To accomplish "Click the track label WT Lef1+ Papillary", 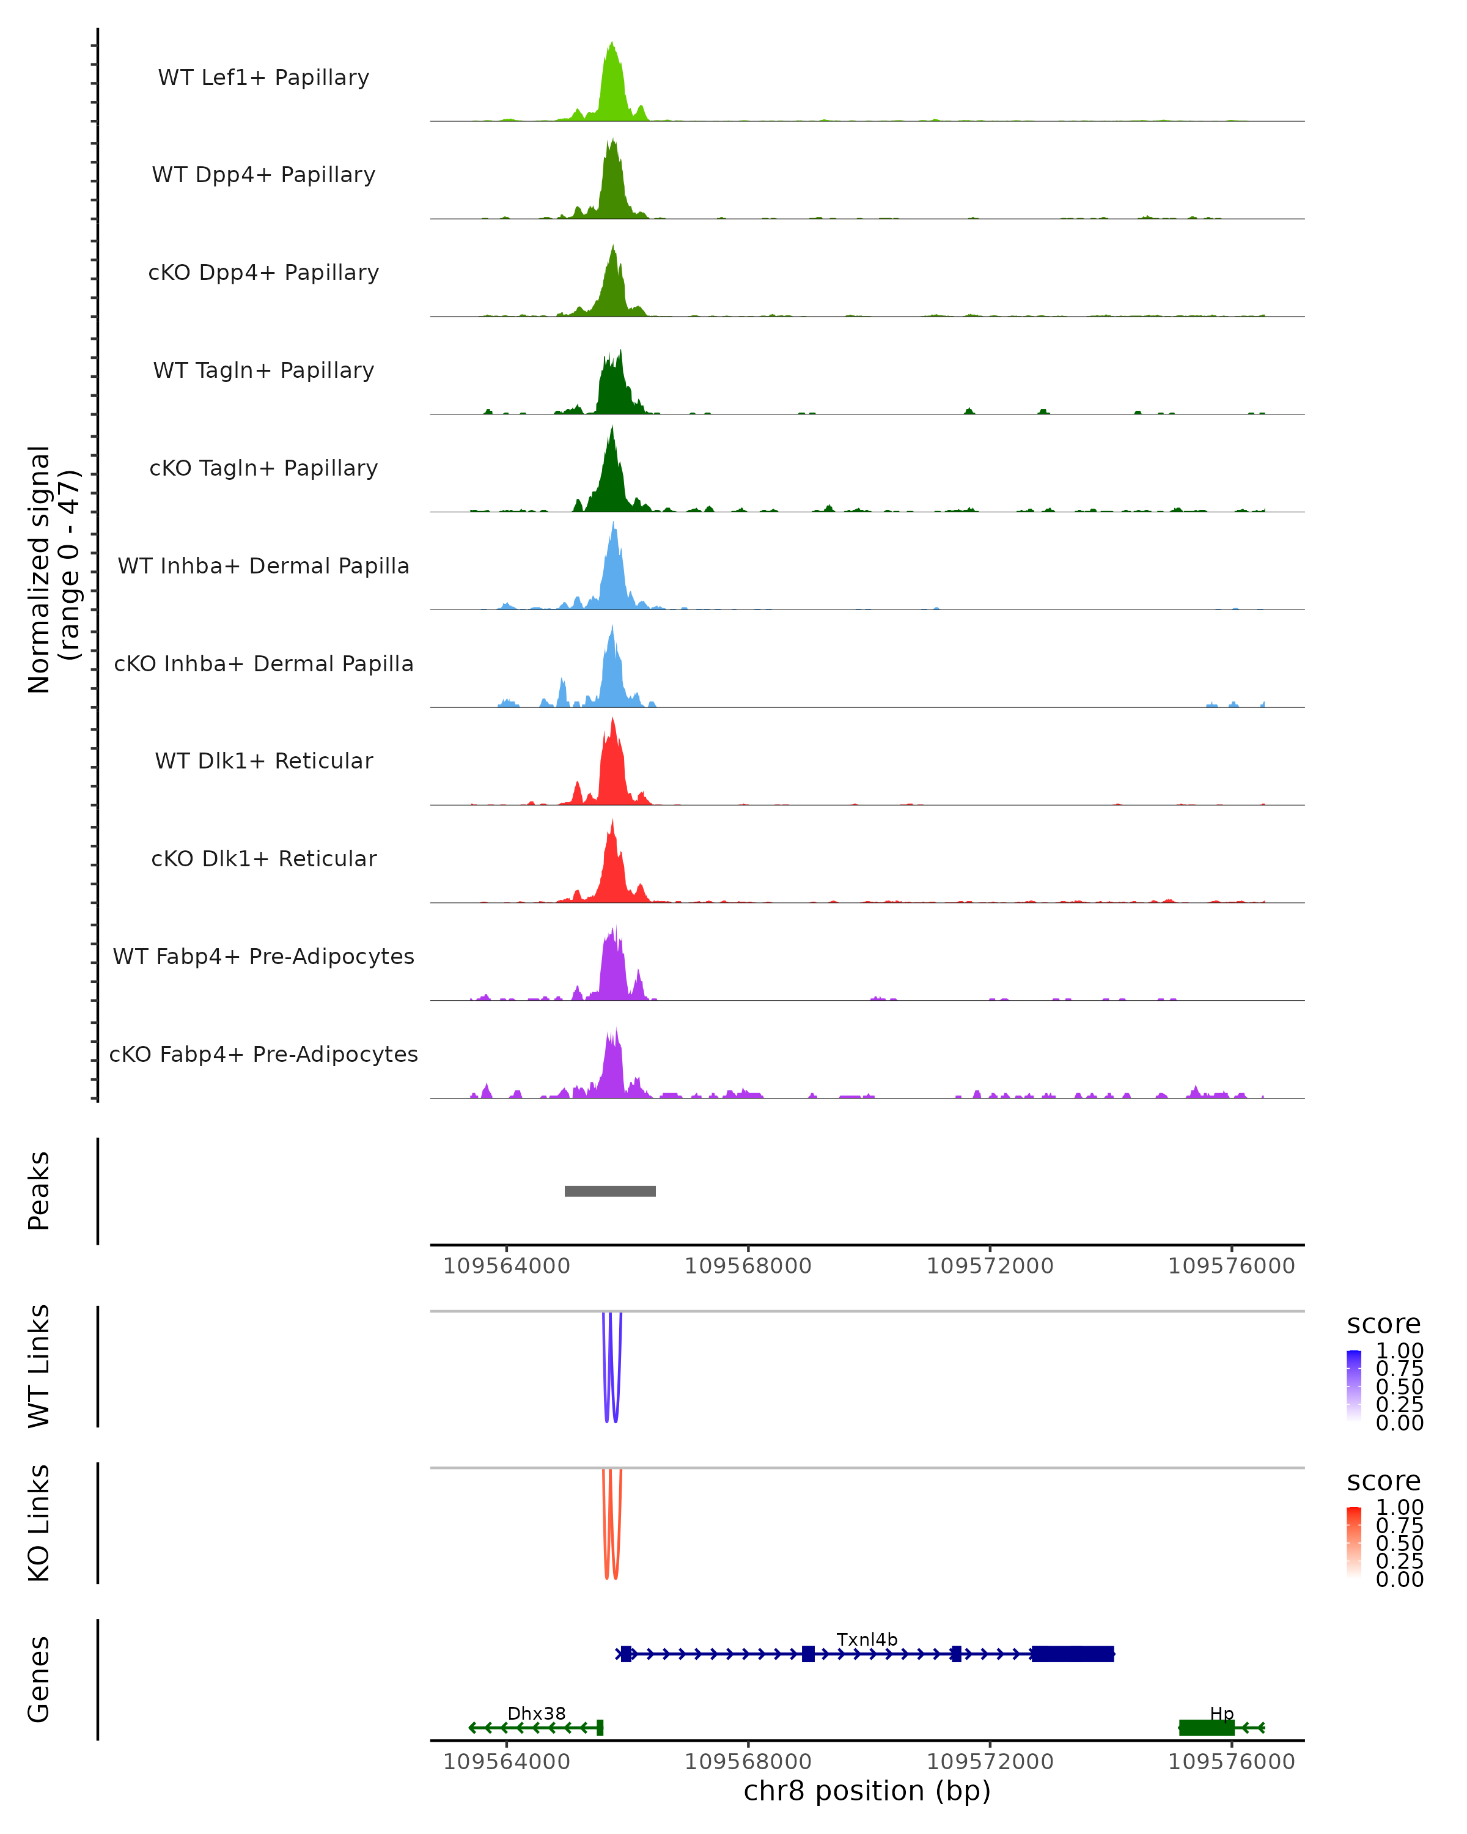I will click(x=263, y=78).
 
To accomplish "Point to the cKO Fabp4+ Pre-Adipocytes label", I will click(x=263, y=1054).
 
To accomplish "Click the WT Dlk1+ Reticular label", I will click(x=263, y=760).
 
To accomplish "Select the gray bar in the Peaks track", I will click(x=610, y=1191).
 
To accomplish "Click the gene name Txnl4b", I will click(x=867, y=1639).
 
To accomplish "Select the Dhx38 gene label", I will click(x=536, y=1713).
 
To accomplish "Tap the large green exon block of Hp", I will click(x=1206, y=1727).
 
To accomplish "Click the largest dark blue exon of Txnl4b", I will click(x=1072, y=1654).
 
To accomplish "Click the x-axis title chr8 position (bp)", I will click(x=867, y=1791).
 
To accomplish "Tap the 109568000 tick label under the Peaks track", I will click(x=748, y=1266).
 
